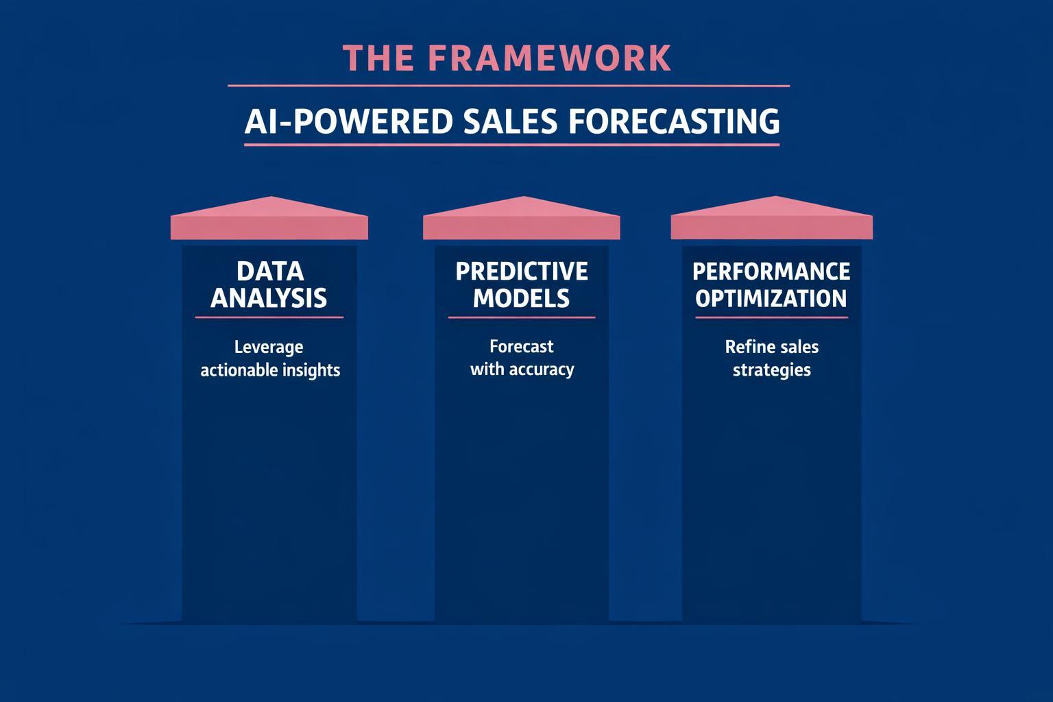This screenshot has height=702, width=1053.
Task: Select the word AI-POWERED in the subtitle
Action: tap(348, 122)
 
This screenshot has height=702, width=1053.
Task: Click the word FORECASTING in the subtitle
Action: tap(674, 122)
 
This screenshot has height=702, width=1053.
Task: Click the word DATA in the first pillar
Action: tap(269, 271)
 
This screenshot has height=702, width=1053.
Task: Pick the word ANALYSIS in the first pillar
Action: tap(269, 299)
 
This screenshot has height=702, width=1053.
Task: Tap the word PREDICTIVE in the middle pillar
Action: tap(521, 271)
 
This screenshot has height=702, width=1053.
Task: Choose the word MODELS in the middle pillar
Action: tap(521, 299)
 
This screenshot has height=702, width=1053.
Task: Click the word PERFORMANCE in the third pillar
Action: tap(771, 271)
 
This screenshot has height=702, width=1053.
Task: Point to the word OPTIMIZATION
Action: tap(771, 299)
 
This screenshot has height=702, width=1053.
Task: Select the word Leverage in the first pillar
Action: tap(269, 348)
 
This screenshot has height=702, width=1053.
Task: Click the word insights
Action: tap(312, 370)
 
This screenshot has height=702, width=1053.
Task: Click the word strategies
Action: tap(771, 370)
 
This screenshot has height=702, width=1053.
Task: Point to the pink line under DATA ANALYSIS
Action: tap(269, 317)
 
